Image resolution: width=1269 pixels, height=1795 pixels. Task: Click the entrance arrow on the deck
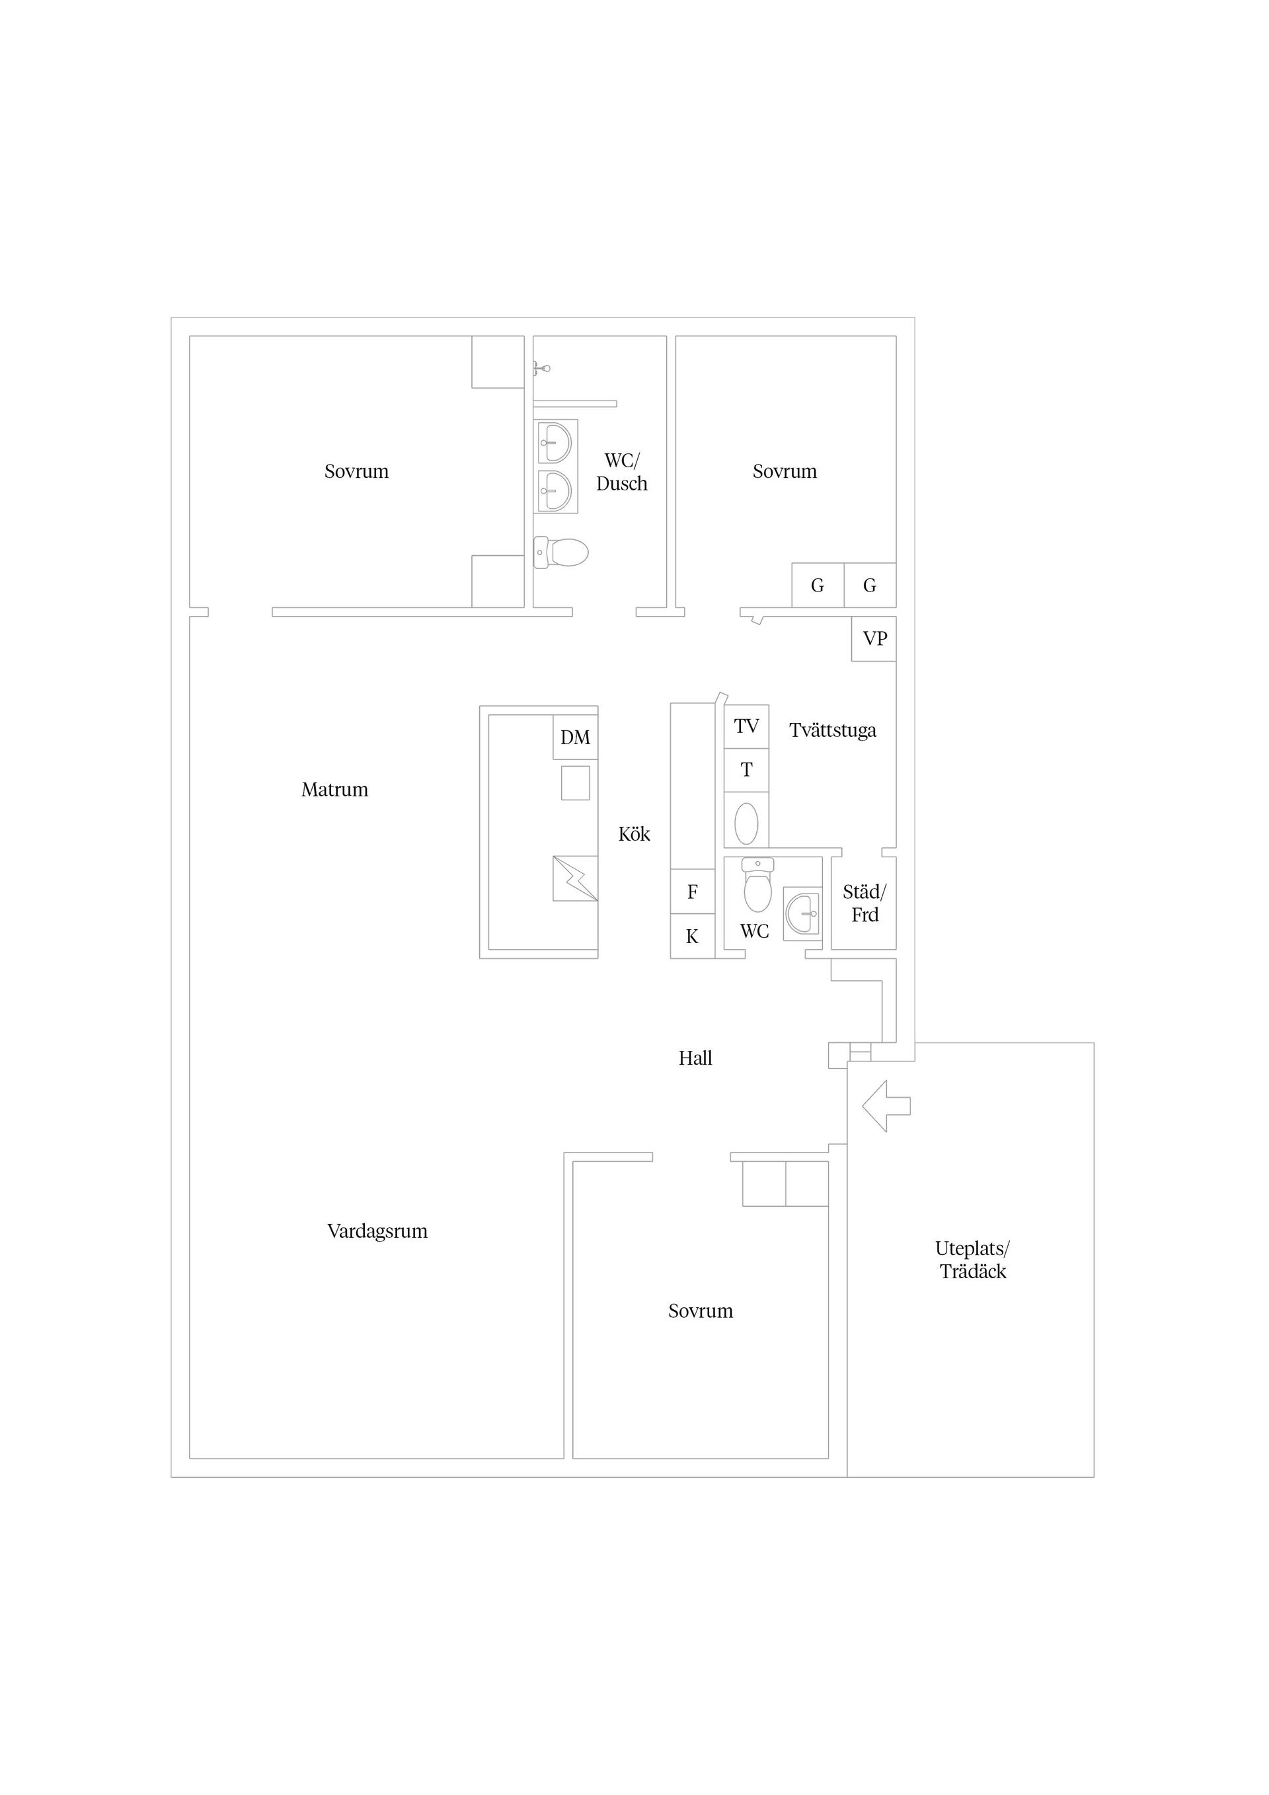887,1106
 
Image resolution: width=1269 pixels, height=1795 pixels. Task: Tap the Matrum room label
334,790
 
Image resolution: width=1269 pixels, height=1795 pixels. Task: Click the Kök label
634,834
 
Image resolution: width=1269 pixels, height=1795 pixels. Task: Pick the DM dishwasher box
576,738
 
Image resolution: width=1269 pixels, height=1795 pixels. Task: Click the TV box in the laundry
747,726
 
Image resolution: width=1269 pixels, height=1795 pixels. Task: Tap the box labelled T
747,771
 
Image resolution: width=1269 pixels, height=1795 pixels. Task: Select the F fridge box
693,892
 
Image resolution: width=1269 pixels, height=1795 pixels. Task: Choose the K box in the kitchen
693,936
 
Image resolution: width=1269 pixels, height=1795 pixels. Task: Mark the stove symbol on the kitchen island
576,879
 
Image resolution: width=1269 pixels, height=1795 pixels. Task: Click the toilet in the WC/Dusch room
560,553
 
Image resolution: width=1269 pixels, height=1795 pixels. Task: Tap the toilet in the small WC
757,885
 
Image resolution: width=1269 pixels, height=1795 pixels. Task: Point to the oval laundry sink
747,823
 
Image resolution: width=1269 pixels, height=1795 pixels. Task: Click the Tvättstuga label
833,731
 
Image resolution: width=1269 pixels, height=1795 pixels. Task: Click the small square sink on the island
576,783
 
